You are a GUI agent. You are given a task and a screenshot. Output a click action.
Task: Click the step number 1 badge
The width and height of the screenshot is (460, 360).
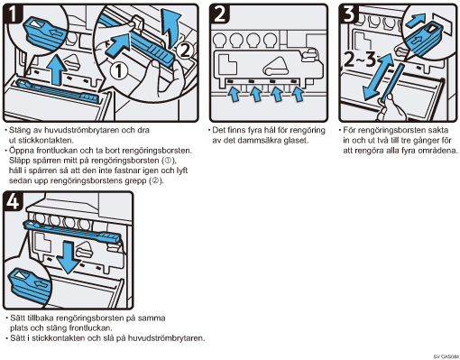[13, 14]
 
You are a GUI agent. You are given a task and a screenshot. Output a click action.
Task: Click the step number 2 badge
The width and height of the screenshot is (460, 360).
[219, 14]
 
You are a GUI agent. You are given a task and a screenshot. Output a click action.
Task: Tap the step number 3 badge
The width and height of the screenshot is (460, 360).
[349, 14]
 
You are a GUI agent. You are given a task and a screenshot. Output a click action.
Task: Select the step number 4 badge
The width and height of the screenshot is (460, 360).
[13, 201]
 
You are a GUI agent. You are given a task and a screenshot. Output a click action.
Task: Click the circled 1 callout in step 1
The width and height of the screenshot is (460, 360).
[119, 71]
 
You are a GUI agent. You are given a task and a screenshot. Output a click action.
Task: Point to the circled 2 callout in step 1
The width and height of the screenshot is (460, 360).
[185, 51]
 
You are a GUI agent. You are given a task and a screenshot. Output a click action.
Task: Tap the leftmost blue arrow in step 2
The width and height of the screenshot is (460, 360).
[234, 94]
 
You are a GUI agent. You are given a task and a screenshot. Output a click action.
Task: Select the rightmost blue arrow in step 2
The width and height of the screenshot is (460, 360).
[298, 94]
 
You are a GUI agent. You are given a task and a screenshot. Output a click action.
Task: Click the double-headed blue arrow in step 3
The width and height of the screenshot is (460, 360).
[378, 77]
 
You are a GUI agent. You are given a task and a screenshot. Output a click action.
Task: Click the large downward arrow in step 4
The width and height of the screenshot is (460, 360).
[69, 257]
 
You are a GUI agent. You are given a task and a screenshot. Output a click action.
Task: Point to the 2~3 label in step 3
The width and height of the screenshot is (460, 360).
[360, 60]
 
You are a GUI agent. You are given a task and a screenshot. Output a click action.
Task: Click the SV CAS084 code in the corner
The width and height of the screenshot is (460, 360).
[446, 356]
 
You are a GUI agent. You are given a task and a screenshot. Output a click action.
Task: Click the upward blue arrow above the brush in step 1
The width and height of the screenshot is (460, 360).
[57, 69]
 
